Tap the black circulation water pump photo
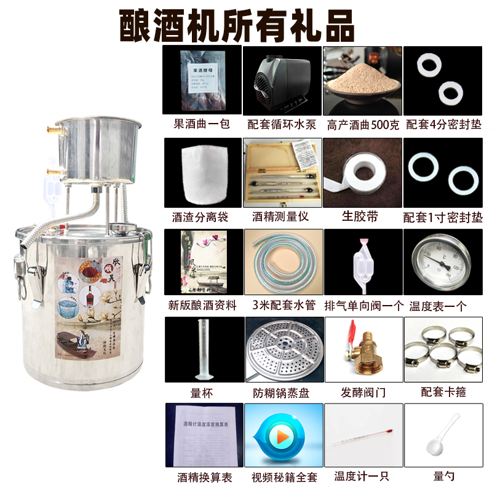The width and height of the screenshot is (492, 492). [281, 79]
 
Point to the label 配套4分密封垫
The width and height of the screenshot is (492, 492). [443, 124]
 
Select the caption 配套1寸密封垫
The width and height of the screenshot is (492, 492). [443, 216]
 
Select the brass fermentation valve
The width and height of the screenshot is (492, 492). [363, 349]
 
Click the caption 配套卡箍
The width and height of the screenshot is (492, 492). [443, 392]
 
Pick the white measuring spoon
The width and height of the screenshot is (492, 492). [442, 440]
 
